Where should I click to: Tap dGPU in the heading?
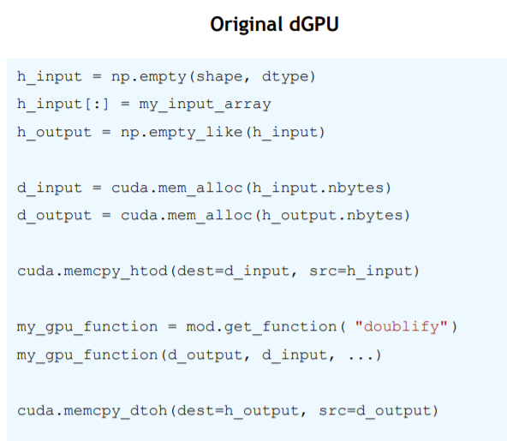pyautogui.click(x=314, y=24)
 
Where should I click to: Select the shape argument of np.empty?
pyautogui.click(x=219, y=77)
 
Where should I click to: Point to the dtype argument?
pyautogui.click(x=285, y=77)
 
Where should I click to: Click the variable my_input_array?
pyautogui.click(x=205, y=104)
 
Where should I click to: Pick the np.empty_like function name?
pyautogui.click(x=181, y=133)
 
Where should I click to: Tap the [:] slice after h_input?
pyautogui.click(x=97, y=104)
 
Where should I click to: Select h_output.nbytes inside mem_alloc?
pyautogui.click(x=331, y=216)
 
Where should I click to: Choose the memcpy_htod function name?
pyautogui.click(x=116, y=271)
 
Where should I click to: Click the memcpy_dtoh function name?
pyautogui.click(x=116, y=411)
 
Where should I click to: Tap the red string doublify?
pyautogui.click(x=401, y=326)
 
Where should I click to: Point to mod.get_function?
pyautogui.click(x=261, y=326)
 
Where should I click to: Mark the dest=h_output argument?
pyautogui.click(x=238, y=411)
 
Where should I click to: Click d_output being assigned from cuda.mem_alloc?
pyautogui.click(x=54, y=216)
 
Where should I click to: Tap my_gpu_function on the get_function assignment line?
pyautogui.click(x=87, y=327)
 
